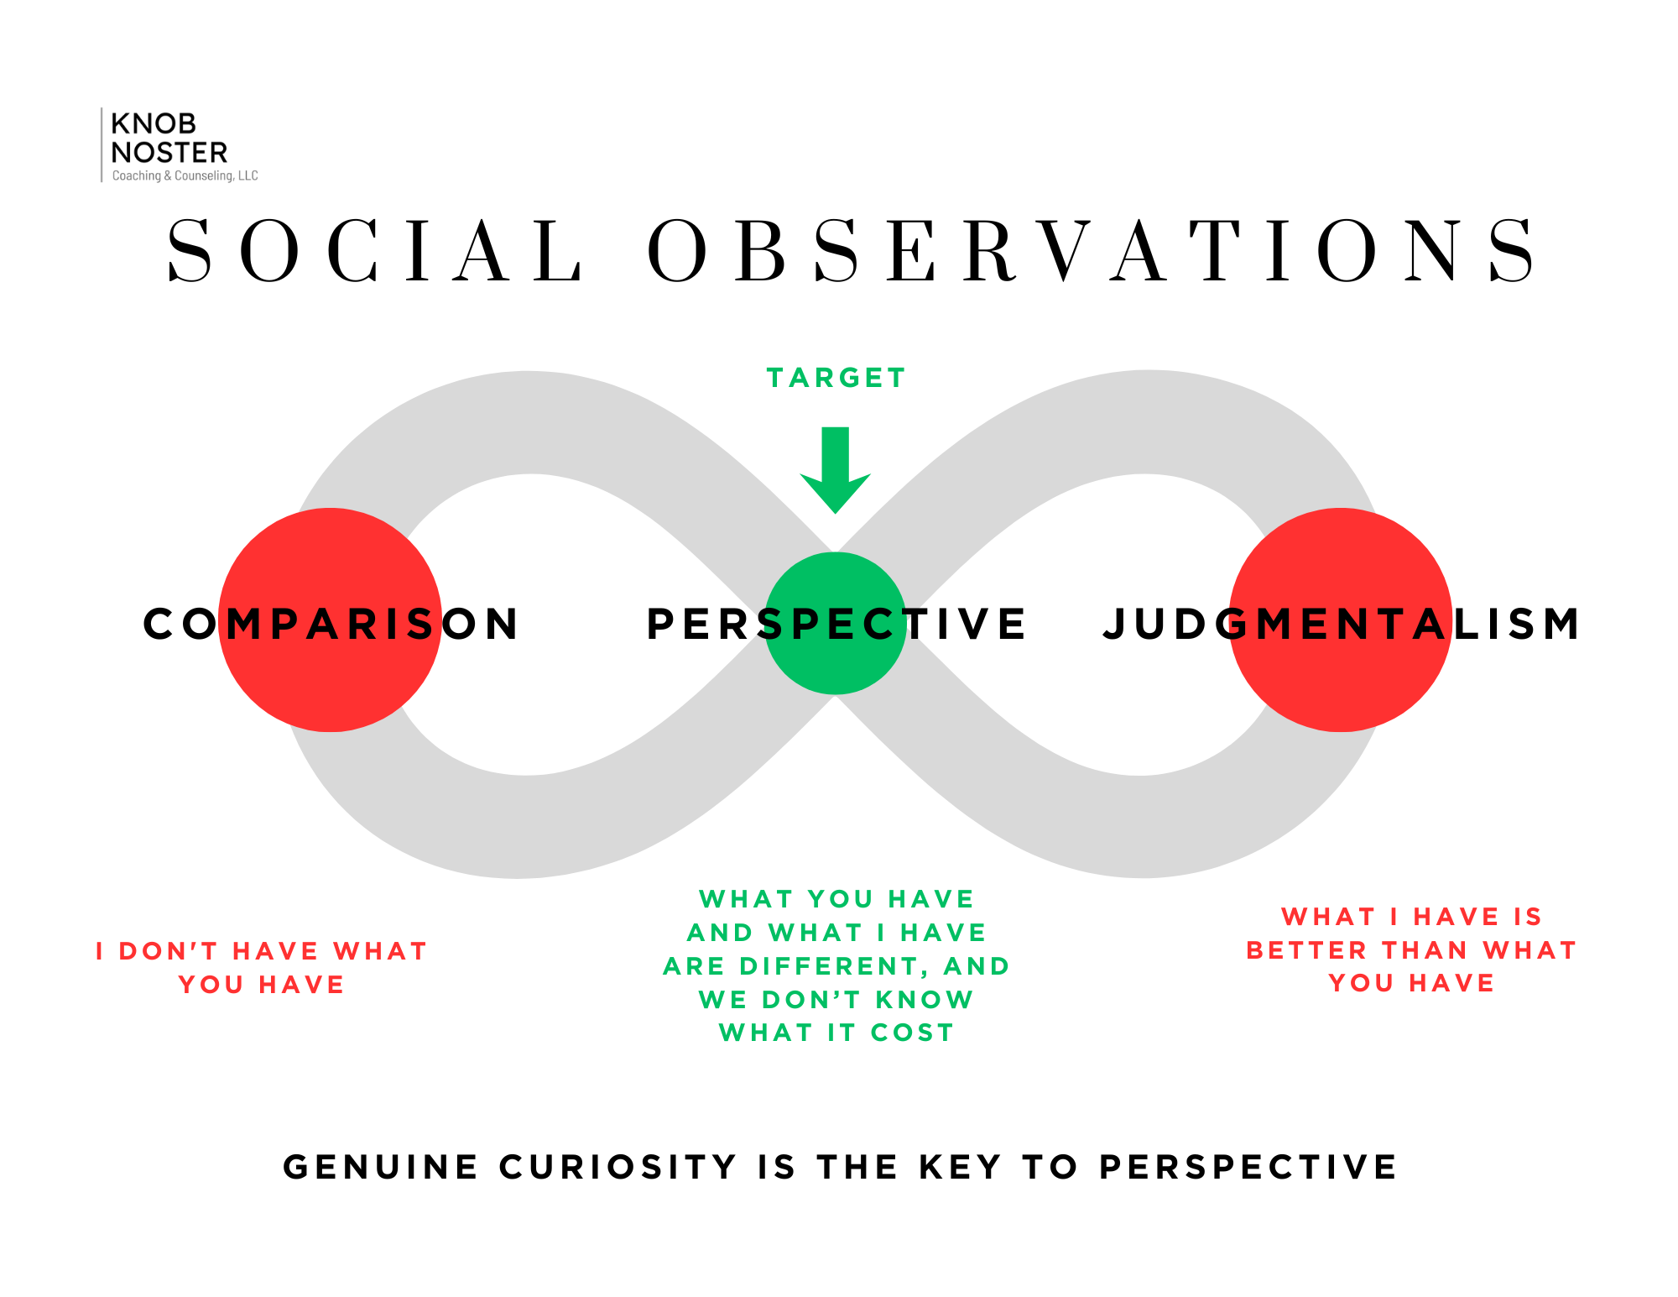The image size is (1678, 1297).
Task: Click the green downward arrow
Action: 836,469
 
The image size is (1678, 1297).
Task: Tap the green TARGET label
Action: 836,378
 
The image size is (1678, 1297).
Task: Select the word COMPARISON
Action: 331,624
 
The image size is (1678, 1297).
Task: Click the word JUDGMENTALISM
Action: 1342,624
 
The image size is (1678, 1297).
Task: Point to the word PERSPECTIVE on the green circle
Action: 836,624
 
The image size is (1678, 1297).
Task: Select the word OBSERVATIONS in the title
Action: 1092,250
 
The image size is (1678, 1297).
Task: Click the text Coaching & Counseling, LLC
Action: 185,175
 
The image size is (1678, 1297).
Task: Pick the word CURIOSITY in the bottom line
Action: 618,1167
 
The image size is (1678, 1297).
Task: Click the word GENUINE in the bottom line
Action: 381,1167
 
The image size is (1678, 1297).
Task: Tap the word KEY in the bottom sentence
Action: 961,1167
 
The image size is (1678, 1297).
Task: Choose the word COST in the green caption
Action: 913,1033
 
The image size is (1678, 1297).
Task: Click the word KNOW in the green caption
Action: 925,1000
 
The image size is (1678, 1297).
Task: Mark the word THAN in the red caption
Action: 1425,950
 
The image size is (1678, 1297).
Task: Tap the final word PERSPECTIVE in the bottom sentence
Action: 1248,1167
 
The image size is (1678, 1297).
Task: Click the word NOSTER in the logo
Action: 169,153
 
